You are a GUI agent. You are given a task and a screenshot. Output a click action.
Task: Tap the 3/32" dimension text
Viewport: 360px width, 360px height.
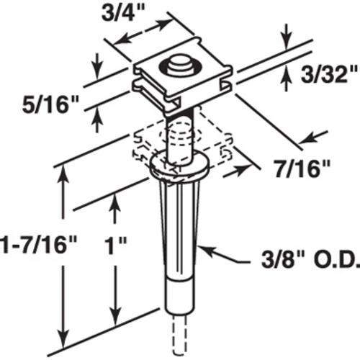point(328,75)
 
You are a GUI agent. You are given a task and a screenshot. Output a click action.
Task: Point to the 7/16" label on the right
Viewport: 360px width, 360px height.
point(302,169)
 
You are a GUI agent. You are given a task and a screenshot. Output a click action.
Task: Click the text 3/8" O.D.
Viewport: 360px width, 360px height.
point(310,260)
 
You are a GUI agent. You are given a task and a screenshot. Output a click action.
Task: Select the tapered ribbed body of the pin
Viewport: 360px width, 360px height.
point(179,228)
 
